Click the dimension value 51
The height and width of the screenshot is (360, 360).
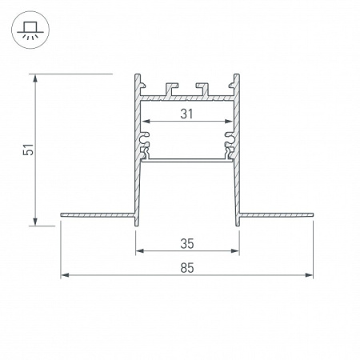click(27, 150)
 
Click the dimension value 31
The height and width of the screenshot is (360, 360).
click(186, 114)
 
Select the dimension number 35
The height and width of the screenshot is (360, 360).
click(187, 242)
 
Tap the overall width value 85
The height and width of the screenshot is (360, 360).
click(187, 267)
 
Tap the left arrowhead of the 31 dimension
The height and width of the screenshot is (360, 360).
click(147, 123)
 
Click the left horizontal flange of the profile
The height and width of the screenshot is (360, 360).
click(96, 214)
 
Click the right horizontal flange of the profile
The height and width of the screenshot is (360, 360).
click(276, 214)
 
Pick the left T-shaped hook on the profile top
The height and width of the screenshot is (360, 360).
click(169, 85)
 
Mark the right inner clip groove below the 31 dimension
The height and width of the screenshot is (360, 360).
click(230, 144)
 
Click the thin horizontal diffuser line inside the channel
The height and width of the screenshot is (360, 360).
click(187, 158)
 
